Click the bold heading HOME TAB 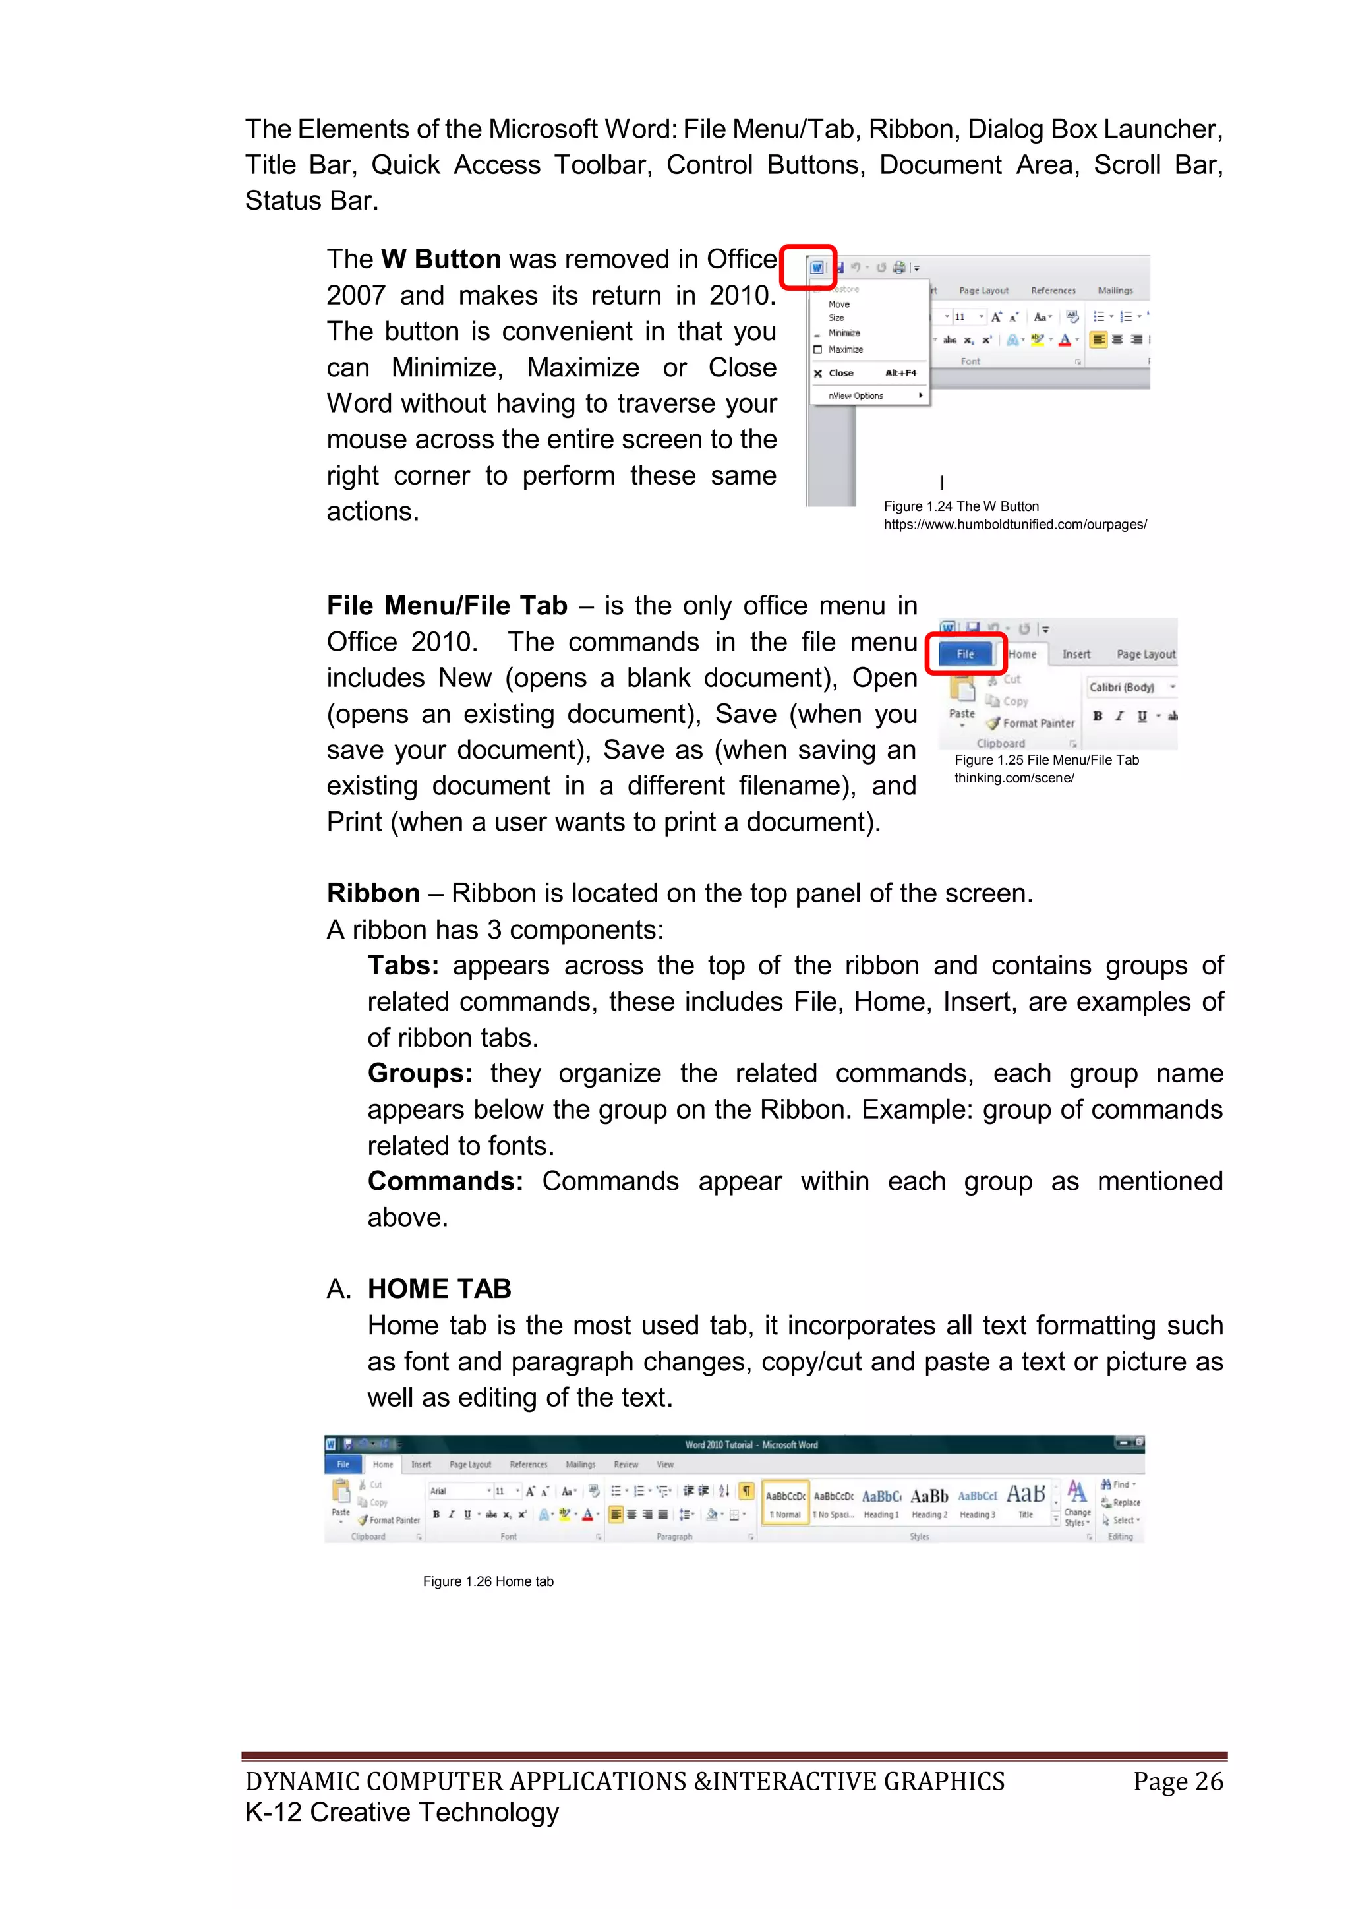click(x=439, y=1289)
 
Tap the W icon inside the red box click(x=816, y=268)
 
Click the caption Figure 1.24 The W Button click(x=961, y=506)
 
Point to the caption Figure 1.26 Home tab click(x=488, y=1581)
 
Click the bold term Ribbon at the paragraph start click(x=373, y=893)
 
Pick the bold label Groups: click(x=420, y=1073)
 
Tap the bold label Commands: click(x=446, y=1181)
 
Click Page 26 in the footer click(x=1178, y=1781)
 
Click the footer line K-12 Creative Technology click(x=401, y=1813)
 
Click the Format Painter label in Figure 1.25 click(x=1038, y=723)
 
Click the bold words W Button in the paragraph click(x=440, y=260)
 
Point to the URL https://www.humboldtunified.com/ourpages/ click(x=1015, y=525)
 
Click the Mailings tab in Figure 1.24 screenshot click(x=1115, y=291)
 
